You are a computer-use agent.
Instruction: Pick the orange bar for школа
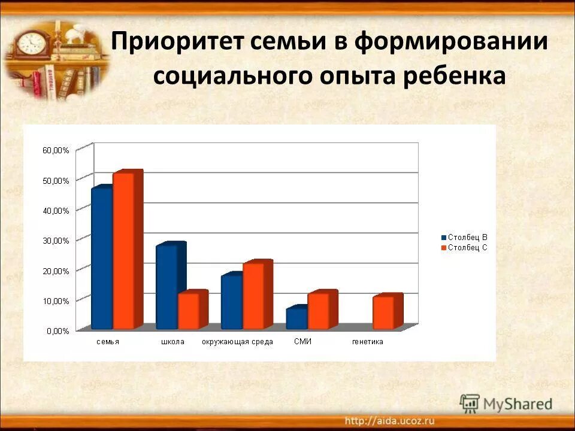[188, 311]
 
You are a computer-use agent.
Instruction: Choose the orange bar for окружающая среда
[253, 295]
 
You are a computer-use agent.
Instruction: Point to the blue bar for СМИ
[296, 318]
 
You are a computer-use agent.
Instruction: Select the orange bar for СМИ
[318, 311]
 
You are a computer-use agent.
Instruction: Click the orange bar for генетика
[383, 312]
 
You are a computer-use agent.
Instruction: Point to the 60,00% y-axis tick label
[56, 150]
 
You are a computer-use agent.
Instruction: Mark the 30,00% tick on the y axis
[56, 241]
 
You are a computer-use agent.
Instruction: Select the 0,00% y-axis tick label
[57, 330]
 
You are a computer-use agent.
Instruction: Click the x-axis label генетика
[367, 342]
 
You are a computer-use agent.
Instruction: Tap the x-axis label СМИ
[303, 341]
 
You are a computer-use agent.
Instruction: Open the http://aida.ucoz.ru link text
[390, 420]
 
